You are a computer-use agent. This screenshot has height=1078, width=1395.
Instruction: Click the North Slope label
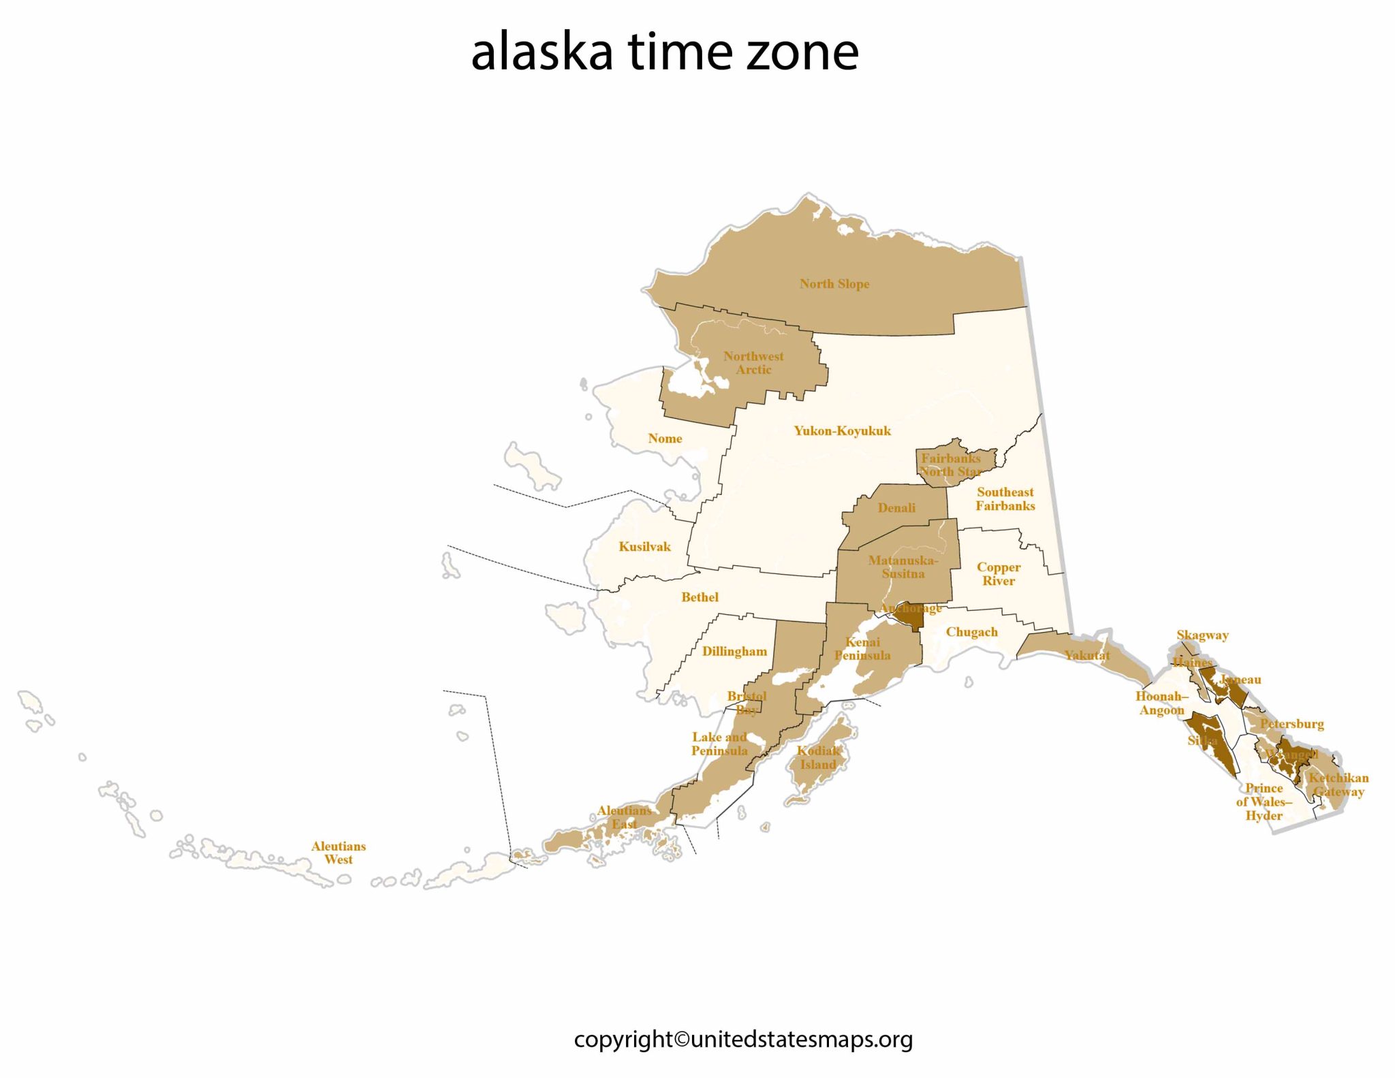834,284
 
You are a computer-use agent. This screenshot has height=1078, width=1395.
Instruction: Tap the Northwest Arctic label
753,363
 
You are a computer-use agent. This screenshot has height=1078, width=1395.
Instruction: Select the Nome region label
665,439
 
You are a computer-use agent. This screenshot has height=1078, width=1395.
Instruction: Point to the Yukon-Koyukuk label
842,430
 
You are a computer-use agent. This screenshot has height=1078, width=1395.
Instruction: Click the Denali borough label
896,508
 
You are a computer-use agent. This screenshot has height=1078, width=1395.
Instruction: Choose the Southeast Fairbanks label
1005,498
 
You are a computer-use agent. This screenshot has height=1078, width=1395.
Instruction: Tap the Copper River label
999,573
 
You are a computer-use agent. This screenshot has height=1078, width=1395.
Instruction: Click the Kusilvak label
644,547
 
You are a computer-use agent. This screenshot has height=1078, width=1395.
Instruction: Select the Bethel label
700,597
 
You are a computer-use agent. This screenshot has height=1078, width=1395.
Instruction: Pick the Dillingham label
734,652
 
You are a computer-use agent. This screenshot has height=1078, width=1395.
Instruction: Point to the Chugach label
971,632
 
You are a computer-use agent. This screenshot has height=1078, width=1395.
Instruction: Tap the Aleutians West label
339,853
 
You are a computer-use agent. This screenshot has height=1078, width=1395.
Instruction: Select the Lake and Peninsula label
719,744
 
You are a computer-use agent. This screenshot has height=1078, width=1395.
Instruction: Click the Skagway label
1202,635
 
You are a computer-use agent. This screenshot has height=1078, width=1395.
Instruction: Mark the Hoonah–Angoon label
1161,703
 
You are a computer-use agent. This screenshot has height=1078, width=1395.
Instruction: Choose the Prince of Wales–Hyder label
1264,802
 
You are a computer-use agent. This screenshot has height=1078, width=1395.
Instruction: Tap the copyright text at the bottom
743,1039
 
